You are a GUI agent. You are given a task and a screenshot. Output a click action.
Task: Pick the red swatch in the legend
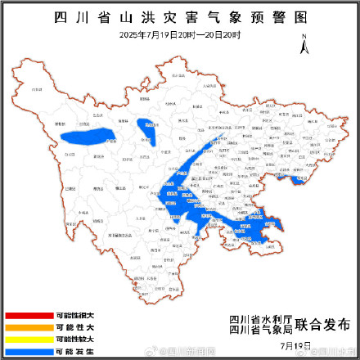(28, 315)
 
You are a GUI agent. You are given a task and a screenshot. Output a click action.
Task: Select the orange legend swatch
(28, 326)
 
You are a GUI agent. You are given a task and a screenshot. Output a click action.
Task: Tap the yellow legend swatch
(28, 338)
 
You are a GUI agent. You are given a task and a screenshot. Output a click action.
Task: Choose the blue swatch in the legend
(28, 350)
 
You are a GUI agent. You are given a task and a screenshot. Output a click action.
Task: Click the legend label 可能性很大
(75, 315)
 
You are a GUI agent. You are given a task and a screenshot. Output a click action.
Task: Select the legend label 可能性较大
(75, 338)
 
